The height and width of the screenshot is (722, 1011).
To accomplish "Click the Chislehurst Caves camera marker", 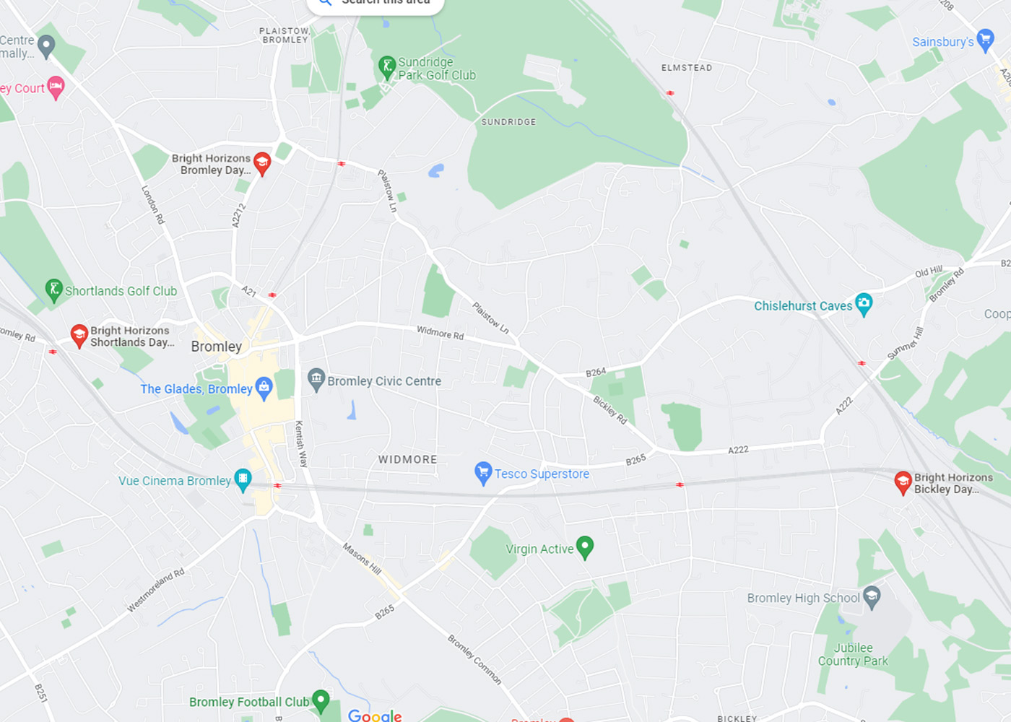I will click(x=863, y=303).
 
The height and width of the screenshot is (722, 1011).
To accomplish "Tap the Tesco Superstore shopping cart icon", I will click(x=483, y=472).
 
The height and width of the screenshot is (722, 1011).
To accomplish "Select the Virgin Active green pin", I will click(x=585, y=547).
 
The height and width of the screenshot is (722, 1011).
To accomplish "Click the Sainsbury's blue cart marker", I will click(x=985, y=39).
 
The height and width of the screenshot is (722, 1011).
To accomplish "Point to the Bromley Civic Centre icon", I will click(x=316, y=378).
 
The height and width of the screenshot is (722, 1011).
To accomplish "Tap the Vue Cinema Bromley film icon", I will click(x=243, y=479).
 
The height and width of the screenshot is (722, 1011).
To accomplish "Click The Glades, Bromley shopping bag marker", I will click(x=264, y=387).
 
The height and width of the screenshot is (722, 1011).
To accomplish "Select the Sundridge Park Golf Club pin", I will click(x=387, y=66).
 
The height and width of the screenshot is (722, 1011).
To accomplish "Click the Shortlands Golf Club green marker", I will click(x=53, y=290).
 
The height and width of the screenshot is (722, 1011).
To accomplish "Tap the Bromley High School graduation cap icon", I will click(x=872, y=596).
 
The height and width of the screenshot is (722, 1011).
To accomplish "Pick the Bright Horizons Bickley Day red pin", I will click(x=903, y=481).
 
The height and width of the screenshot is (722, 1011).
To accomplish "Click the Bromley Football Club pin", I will click(x=321, y=700).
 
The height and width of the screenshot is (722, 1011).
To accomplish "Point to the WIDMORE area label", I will click(x=407, y=459).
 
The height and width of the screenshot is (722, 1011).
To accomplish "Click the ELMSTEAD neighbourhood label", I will click(x=686, y=68).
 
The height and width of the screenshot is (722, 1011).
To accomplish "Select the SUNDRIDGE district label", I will click(x=508, y=122).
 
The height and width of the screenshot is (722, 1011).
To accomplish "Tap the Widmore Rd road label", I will click(x=440, y=333).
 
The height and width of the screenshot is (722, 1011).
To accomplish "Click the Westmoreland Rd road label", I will click(x=156, y=591).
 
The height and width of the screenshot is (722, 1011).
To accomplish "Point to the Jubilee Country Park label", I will click(x=853, y=654).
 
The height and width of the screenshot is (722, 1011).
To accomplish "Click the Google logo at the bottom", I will click(x=375, y=715).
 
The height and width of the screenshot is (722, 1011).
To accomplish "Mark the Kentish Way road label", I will click(x=301, y=444).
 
